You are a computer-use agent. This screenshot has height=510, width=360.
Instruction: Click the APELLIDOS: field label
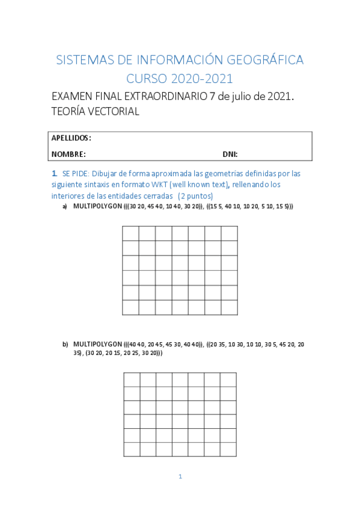[72, 138]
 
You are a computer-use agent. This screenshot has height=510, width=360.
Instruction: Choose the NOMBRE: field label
[69, 154]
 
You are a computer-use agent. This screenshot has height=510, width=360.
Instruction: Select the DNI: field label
[230, 154]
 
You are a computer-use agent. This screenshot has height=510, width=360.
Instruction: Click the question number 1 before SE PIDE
[54, 173]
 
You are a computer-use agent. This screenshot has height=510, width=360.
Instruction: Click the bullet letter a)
[65, 206]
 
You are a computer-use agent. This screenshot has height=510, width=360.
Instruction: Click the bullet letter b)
[65, 344]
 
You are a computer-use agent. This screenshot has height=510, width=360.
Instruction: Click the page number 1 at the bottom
[180, 476]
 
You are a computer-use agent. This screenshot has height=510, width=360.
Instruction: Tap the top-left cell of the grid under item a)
[130, 233]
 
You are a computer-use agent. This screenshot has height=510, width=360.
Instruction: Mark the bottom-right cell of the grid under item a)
[229, 307]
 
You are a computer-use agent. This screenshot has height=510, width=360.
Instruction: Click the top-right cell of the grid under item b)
[228, 379]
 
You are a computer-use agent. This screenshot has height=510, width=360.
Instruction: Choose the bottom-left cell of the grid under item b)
[132, 449]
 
